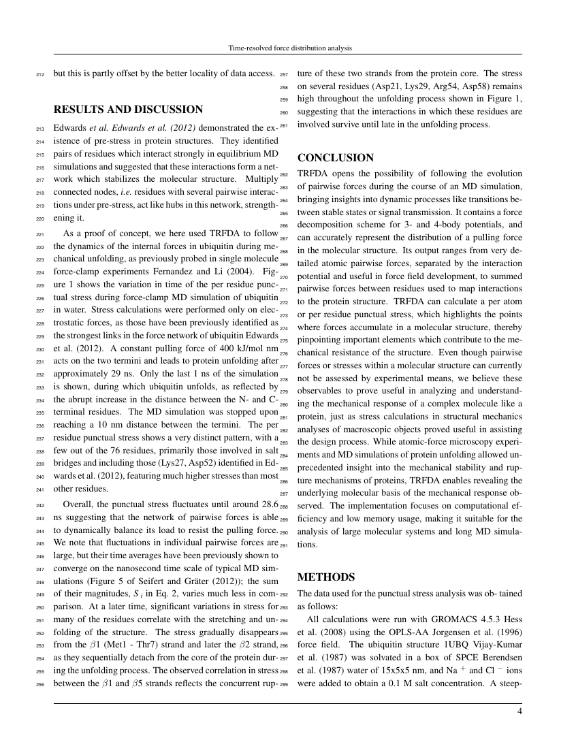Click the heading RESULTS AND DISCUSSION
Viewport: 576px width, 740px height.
coord(128,110)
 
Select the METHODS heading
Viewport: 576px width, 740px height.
coord(326,577)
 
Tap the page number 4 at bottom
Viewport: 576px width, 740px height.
coord(519,712)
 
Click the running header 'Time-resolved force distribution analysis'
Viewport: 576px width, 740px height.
coord(288,48)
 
